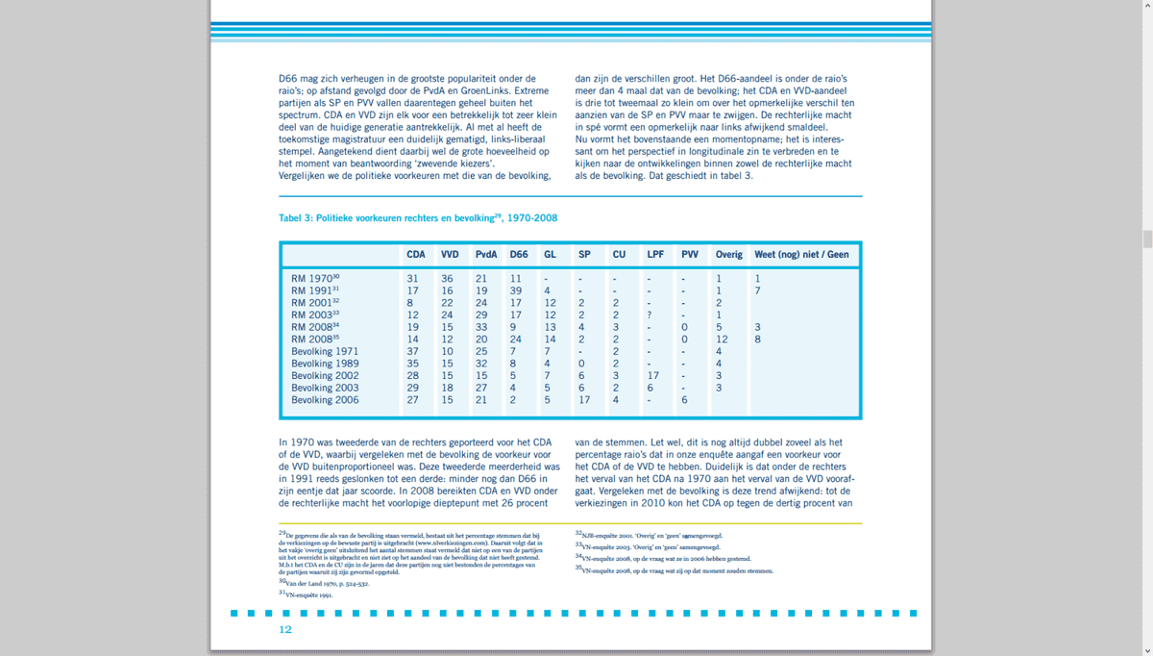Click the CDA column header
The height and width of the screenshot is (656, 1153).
[416, 255]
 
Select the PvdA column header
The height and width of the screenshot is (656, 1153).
[486, 255]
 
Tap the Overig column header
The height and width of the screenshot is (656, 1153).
[729, 255]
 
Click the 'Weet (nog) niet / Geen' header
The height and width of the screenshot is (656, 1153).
[802, 255]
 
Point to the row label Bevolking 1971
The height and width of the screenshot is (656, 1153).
[325, 352]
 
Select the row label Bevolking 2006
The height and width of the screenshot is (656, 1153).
[325, 400]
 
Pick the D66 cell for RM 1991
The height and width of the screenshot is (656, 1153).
[515, 290]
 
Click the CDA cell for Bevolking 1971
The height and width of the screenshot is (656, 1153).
[412, 352]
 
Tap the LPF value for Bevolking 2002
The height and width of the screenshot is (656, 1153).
[653, 376]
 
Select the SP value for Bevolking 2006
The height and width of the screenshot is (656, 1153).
[584, 400]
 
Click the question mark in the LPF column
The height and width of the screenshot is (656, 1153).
[650, 315]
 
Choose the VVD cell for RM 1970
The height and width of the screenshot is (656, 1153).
[447, 279]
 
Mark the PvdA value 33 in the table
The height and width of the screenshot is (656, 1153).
[481, 327]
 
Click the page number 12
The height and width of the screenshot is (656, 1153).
[285, 630]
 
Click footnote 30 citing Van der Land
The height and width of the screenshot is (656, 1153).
[327, 584]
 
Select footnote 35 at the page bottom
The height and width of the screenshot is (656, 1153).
[673, 570]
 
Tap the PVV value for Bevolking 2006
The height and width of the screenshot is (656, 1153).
[684, 400]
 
